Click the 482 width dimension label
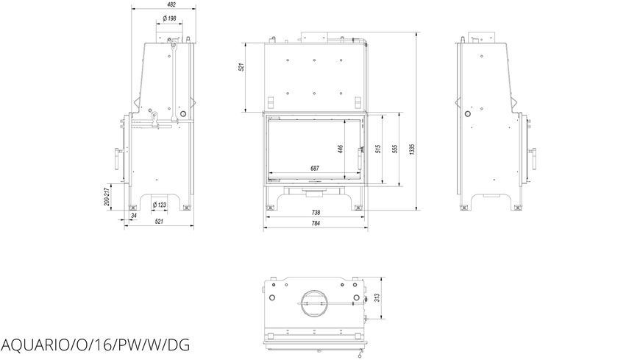172,4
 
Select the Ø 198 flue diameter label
169,18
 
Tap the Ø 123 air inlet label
159,205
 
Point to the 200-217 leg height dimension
107,197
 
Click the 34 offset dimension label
133,216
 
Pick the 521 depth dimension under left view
159,222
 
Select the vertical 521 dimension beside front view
241,68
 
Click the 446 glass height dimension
341,149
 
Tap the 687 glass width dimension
315,169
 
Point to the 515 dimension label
378,149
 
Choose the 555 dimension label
395,149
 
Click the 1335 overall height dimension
412,149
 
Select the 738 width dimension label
316,213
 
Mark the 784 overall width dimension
316,223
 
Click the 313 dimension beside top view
377,297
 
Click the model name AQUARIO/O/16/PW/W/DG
96,345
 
